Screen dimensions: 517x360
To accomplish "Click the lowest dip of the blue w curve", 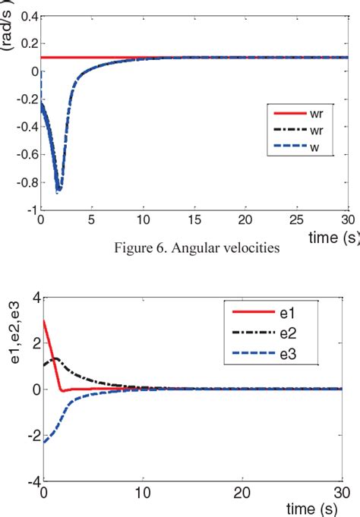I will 58,191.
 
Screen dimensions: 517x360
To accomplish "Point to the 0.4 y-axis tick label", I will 29,17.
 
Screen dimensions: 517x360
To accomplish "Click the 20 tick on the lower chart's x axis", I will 241,493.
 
